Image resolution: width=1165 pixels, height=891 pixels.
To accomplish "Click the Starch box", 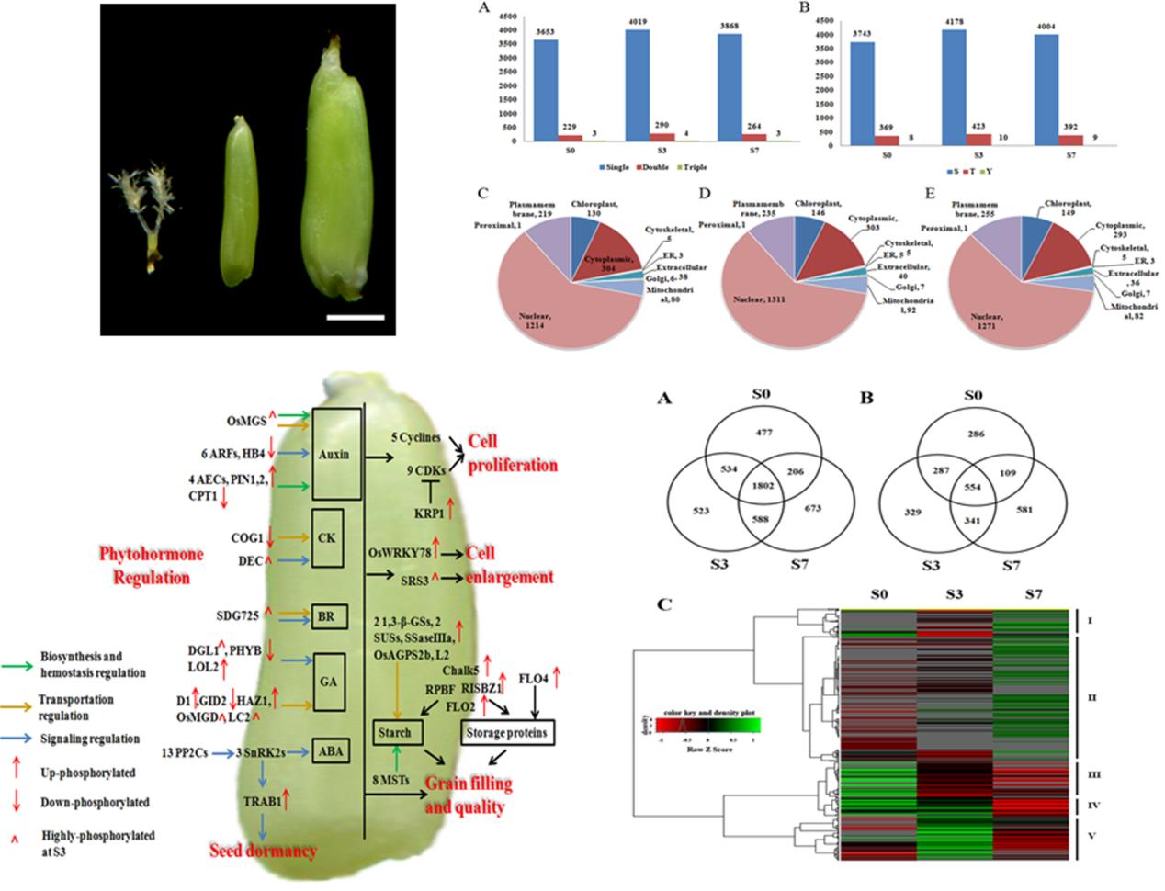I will coord(398,733).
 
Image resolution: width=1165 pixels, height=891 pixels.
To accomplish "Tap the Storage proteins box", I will coord(509,733).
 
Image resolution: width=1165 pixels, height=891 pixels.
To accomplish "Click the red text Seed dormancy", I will coord(262,851).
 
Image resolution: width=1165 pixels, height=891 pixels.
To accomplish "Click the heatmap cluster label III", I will coord(1091,775).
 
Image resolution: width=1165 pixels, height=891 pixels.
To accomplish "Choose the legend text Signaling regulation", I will coord(89,738).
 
